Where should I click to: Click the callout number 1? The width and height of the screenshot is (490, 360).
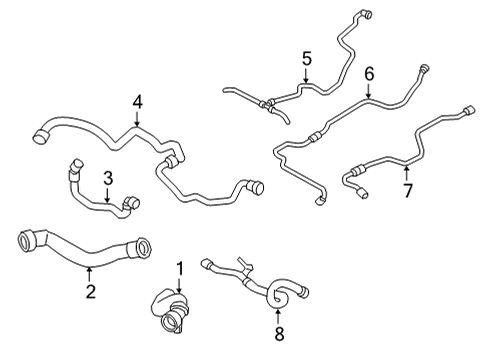click(x=180, y=269)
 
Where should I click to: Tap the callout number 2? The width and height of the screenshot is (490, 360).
click(x=90, y=291)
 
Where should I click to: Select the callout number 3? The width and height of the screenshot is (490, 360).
click(x=108, y=178)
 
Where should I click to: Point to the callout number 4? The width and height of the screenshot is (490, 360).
click(x=137, y=102)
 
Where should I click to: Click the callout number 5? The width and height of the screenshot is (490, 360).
click(x=307, y=58)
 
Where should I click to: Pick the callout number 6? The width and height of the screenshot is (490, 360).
click(x=369, y=74)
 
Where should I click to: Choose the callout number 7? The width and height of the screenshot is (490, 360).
click(x=408, y=190)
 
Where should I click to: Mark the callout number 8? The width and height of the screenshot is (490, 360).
click(x=279, y=334)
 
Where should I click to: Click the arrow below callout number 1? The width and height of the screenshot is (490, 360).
click(x=180, y=285)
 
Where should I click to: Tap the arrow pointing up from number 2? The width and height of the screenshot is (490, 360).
click(x=89, y=275)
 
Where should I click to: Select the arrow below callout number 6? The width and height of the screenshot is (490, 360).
click(x=368, y=90)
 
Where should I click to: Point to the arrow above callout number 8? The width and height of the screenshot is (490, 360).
click(x=278, y=317)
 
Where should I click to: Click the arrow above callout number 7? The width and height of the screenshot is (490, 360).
click(x=406, y=173)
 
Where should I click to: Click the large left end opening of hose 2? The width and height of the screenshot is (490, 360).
click(x=26, y=240)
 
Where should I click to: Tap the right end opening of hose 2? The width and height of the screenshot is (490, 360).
click(x=144, y=248)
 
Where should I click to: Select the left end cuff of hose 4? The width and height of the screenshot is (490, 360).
click(x=41, y=137)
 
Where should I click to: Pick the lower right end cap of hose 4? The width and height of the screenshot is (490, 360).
click(x=255, y=187)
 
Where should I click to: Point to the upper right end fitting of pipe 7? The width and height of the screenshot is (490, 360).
click(x=469, y=110)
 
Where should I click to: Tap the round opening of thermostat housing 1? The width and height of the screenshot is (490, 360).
click(x=169, y=323)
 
